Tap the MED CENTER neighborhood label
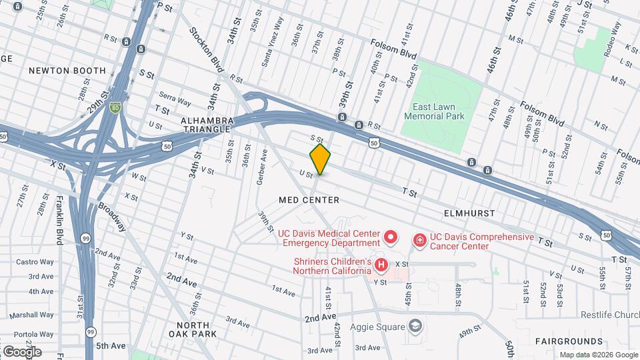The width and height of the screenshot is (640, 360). click(x=309, y=200)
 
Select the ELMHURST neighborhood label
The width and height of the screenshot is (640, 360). click(x=469, y=213)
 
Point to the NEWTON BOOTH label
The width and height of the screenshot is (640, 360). click(x=67, y=71)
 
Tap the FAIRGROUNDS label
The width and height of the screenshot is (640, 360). click(x=569, y=341)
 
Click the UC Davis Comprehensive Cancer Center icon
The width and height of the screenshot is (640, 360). click(x=420, y=239)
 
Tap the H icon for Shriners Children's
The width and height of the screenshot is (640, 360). click(x=381, y=266)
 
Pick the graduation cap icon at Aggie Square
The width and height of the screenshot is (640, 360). click(x=415, y=326)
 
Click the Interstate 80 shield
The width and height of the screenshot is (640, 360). click(x=116, y=106)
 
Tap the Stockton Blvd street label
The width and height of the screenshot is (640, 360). click(x=207, y=50)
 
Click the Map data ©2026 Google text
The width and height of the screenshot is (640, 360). click(x=598, y=355)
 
